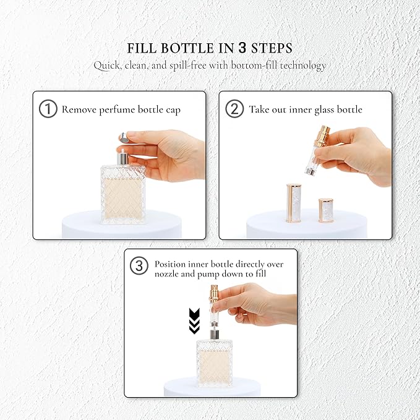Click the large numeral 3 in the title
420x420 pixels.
click(x=242, y=48)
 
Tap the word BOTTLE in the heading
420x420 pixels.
click(x=187, y=48)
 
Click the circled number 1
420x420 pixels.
click(x=48, y=109)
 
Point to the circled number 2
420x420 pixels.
click(x=234, y=109)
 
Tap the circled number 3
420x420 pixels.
click(x=139, y=265)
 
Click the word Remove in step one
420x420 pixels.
click(x=79, y=109)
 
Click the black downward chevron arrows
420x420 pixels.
click(x=194, y=321)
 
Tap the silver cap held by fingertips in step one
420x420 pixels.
click(x=123, y=137)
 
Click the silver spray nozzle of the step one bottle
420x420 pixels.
click(x=122, y=157)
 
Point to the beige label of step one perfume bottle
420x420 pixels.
click(x=123, y=198)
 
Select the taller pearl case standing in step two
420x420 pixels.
click(x=294, y=203)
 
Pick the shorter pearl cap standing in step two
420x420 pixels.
click(x=326, y=210)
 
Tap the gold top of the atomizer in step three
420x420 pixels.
click(x=215, y=293)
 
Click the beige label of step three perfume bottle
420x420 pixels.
click(x=215, y=367)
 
